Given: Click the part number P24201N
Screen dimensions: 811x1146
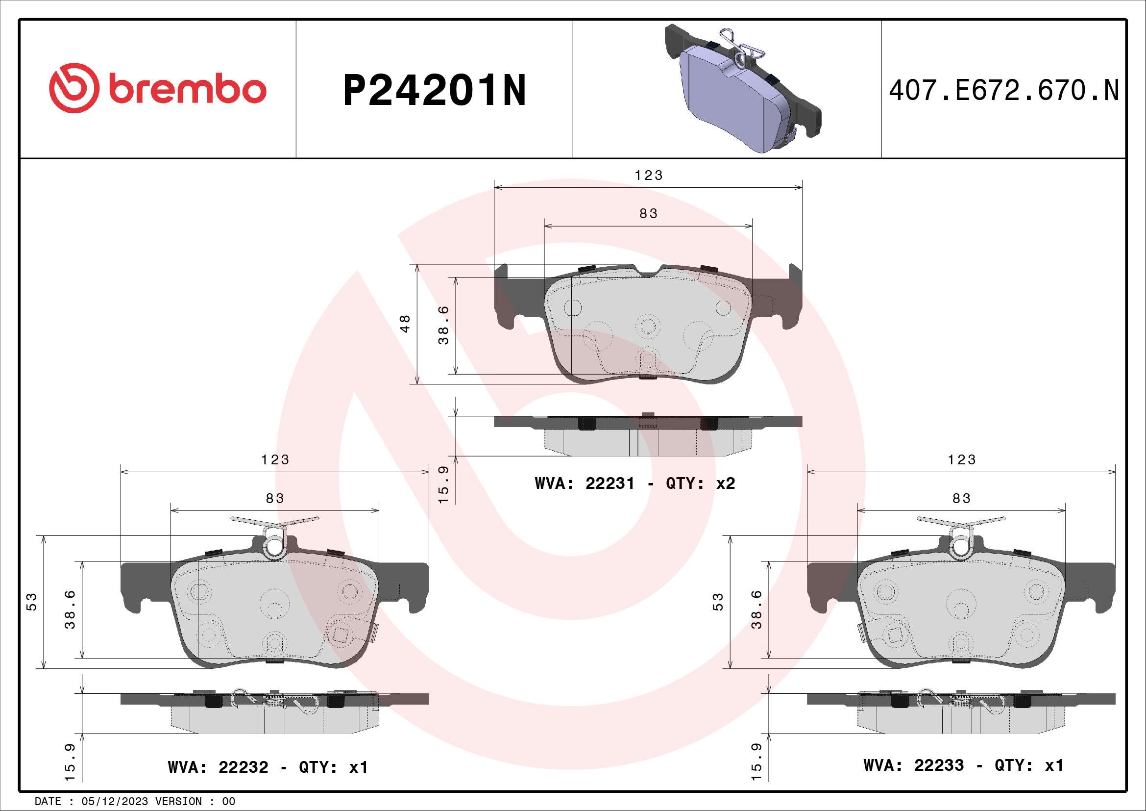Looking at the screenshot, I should pyautogui.click(x=434, y=91).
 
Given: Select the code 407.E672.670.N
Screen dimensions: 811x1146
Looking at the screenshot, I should pyautogui.click(x=1004, y=91).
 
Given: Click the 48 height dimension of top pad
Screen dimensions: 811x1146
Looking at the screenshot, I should pyautogui.click(x=405, y=324).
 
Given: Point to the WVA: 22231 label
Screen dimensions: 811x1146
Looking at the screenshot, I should pyautogui.click(x=585, y=483).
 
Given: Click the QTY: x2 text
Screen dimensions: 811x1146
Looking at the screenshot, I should pyautogui.click(x=700, y=483).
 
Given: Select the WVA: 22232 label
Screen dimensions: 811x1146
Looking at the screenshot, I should pyautogui.click(x=218, y=766).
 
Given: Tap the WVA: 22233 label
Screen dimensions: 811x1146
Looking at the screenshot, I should pyautogui.click(x=913, y=765).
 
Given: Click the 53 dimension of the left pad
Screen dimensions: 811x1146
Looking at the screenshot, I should pyautogui.click(x=31, y=602).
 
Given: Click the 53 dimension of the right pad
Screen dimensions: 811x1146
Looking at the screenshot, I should pyautogui.click(x=718, y=602).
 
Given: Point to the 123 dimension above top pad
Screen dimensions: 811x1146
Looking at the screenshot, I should pyautogui.click(x=648, y=175).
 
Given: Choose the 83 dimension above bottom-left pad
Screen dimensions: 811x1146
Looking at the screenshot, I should pyautogui.click(x=275, y=498).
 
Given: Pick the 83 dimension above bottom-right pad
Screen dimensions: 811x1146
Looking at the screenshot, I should pyautogui.click(x=961, y=498).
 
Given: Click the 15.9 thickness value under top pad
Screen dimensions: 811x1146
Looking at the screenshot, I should pyautogui.click(x=443, y=484).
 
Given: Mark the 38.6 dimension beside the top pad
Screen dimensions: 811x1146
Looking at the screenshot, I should pyautogui.click(x=443, y=326).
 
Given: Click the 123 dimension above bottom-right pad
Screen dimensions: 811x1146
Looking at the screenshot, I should pyautogui.click(x=961, y=459).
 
